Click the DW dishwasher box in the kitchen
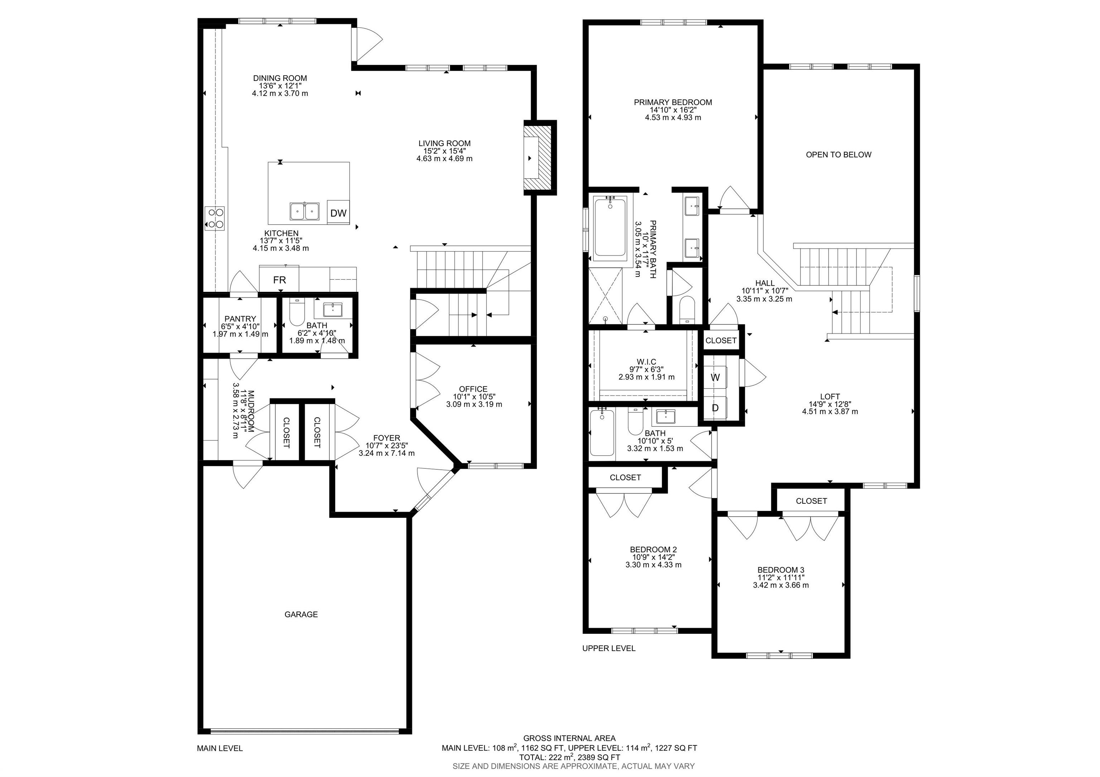[x=338, y=213]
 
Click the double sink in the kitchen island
[x=304, y=211]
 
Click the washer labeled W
[x=715, y=377]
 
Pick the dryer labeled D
[x=715, y=408]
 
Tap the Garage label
[x=301, y=614]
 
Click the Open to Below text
[x=838, y=154]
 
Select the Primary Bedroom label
[x=673, y=102]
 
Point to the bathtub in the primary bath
[x=609, y=227]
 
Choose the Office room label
[x=473, y=389]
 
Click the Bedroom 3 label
[x=781, y=570]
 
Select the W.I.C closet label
[x=646, y=362]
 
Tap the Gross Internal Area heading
[x=569, y=738]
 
